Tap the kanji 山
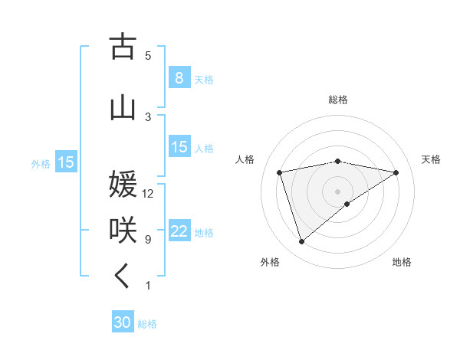(123, 108)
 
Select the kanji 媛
(123, 185)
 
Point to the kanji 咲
(123, 230)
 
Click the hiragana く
(123, 277)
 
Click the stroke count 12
(148, 194)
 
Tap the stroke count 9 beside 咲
(148, 240)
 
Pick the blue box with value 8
(179, 78)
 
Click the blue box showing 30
(123, 322)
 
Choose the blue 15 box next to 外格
(65, 162)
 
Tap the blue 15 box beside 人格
(179, 147)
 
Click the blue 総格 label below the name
(147, 324)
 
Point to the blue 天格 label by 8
(203, 80)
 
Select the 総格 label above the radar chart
(337, 100)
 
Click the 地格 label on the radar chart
(402, 262)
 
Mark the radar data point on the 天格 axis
(396, 172)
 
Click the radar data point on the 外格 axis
(301, 242)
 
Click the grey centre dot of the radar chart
(337, 191)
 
